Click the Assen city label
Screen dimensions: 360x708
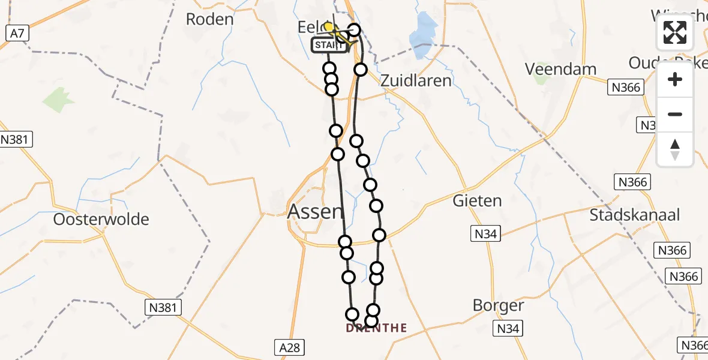pos(316,211)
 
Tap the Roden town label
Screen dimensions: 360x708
pos(209,19)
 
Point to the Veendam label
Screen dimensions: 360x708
pos(561,69)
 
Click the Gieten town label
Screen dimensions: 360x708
pos(478,200)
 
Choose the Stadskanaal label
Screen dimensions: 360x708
pos(635,215)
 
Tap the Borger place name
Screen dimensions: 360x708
pos(498,305)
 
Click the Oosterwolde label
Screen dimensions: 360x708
pos(101,219)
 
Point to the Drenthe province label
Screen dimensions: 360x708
pos(376,328)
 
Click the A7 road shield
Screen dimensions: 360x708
pos(17,34)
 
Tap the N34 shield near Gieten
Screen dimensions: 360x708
pos(484,234)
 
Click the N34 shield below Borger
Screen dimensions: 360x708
pos(508,328)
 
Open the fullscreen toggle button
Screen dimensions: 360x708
pos(675,32)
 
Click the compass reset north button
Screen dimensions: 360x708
pos(675,149)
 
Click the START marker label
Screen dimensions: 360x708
pos(329,46)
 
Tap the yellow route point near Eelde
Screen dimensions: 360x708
pos(329,28)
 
